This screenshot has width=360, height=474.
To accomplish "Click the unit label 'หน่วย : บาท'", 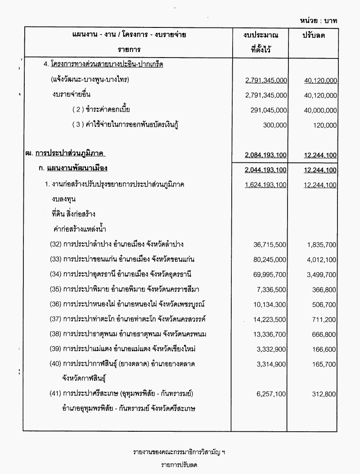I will coord(319,20).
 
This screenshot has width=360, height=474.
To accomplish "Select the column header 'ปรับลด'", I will coord(314,35).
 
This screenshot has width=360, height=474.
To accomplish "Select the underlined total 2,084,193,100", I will coord(266,155).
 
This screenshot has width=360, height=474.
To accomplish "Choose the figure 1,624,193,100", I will coord(266,185).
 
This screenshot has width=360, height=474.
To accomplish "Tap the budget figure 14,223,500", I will coord(269,319).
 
